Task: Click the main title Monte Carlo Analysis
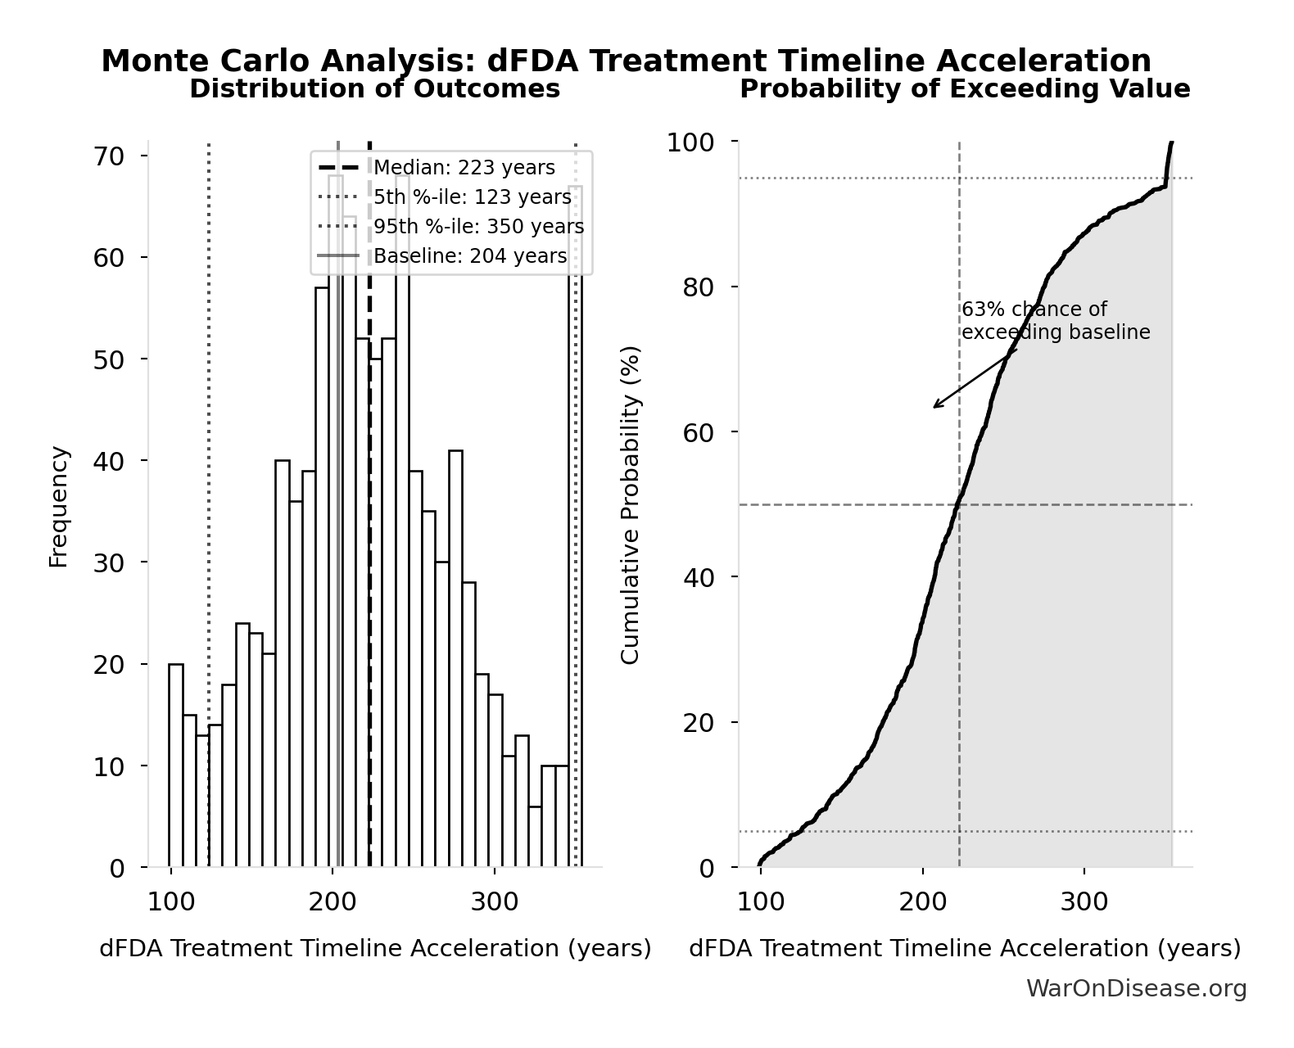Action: click(626, 61)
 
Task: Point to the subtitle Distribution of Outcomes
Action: click(375, 89)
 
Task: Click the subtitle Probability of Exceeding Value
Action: click(965, 89)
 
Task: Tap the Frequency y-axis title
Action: click(59, 506)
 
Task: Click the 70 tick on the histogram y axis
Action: click(108, 156)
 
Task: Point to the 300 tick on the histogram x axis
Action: click(495, 902)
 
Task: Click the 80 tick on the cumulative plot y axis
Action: click(698, 287)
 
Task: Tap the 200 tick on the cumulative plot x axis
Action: click(922, 902)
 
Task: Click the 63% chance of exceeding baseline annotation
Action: click(1055, 321)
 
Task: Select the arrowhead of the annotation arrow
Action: click(935, 406)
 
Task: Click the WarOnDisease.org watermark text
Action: click(1136, 989)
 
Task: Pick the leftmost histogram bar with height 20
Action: click(176, 766)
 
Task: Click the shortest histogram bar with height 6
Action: click(536, 836)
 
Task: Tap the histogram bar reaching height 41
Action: click(455, 658)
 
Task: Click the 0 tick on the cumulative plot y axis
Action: click(707, 868)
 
